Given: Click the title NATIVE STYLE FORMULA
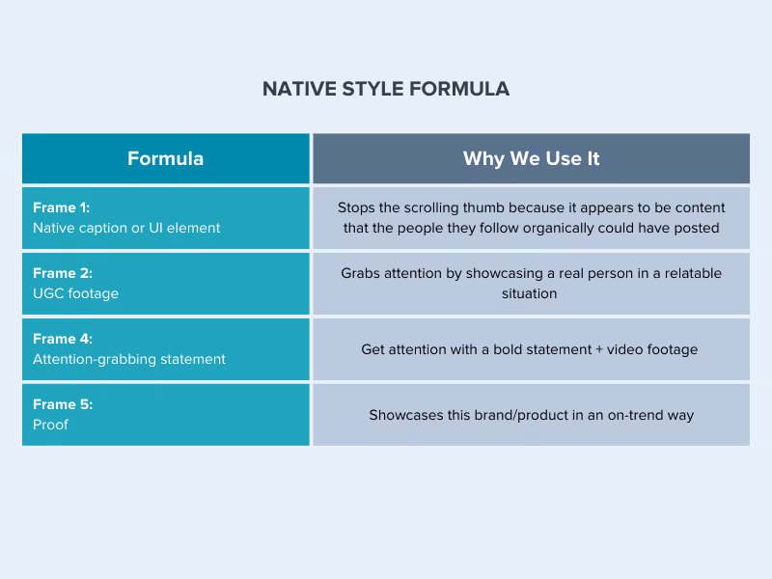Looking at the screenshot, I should coord(386,89).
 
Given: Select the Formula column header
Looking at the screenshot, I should coord(165,158).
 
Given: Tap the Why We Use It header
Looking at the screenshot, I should coord(531,158).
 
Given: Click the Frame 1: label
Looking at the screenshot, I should coord(62,207).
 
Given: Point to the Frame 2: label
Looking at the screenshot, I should coord(62,273).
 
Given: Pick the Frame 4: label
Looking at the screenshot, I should coord(62,339).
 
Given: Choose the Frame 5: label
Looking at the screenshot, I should coord(62,404).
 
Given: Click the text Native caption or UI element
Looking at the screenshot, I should coord(126,228).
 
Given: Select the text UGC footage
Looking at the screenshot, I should coord(75,293).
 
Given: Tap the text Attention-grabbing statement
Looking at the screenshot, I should coord(129,359).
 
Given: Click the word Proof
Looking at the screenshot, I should coord(50,425).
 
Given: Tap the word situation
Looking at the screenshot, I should coord(530,293).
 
